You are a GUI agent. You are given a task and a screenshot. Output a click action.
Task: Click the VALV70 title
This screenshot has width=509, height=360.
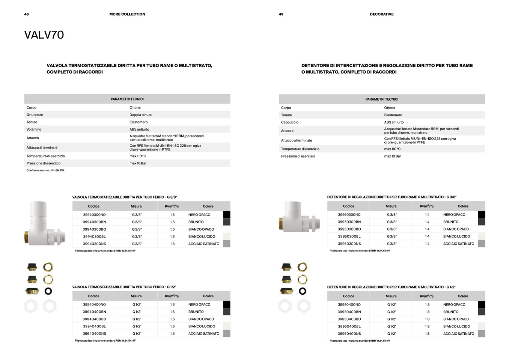point(44,35)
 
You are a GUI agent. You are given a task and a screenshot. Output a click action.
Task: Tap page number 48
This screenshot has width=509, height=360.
point(26,14)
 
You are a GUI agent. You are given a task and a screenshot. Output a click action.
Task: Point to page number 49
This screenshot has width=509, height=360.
point(281,14)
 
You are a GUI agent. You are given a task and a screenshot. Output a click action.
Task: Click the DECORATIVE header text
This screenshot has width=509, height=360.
point(381,14)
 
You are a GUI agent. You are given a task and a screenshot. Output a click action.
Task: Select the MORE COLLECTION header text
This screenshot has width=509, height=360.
point(127,14)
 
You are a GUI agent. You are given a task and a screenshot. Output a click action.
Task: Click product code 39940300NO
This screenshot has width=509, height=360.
point(94,215)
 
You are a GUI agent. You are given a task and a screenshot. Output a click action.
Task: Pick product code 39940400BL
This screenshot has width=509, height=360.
point(94,326)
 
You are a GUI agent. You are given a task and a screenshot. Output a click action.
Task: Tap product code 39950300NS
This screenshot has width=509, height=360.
point(349,244)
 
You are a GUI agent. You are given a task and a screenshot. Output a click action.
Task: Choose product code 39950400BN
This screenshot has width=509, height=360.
point(349,312)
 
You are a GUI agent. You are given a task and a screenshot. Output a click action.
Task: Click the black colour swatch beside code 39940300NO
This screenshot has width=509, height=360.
point(226,215)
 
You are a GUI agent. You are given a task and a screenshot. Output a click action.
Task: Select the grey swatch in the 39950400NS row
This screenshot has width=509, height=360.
point(481,333)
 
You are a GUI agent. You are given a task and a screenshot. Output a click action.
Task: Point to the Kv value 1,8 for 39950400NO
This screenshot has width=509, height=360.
point(427,304)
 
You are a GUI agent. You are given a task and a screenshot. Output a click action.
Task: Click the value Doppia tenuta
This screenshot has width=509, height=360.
point(140,115)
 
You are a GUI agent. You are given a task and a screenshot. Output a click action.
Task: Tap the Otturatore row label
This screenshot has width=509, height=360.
point(35,115)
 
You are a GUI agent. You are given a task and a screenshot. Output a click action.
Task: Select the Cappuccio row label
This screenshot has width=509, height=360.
point(289,122)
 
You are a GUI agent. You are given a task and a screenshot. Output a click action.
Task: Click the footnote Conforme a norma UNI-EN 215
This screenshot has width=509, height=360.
point(45,170)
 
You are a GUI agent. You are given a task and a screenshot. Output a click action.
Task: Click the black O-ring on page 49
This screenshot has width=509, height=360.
point(303,291)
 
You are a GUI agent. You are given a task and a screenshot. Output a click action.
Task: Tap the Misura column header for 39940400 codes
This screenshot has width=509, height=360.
point(136,296)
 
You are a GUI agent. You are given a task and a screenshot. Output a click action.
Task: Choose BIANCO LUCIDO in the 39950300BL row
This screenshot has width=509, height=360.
point(456,236)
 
